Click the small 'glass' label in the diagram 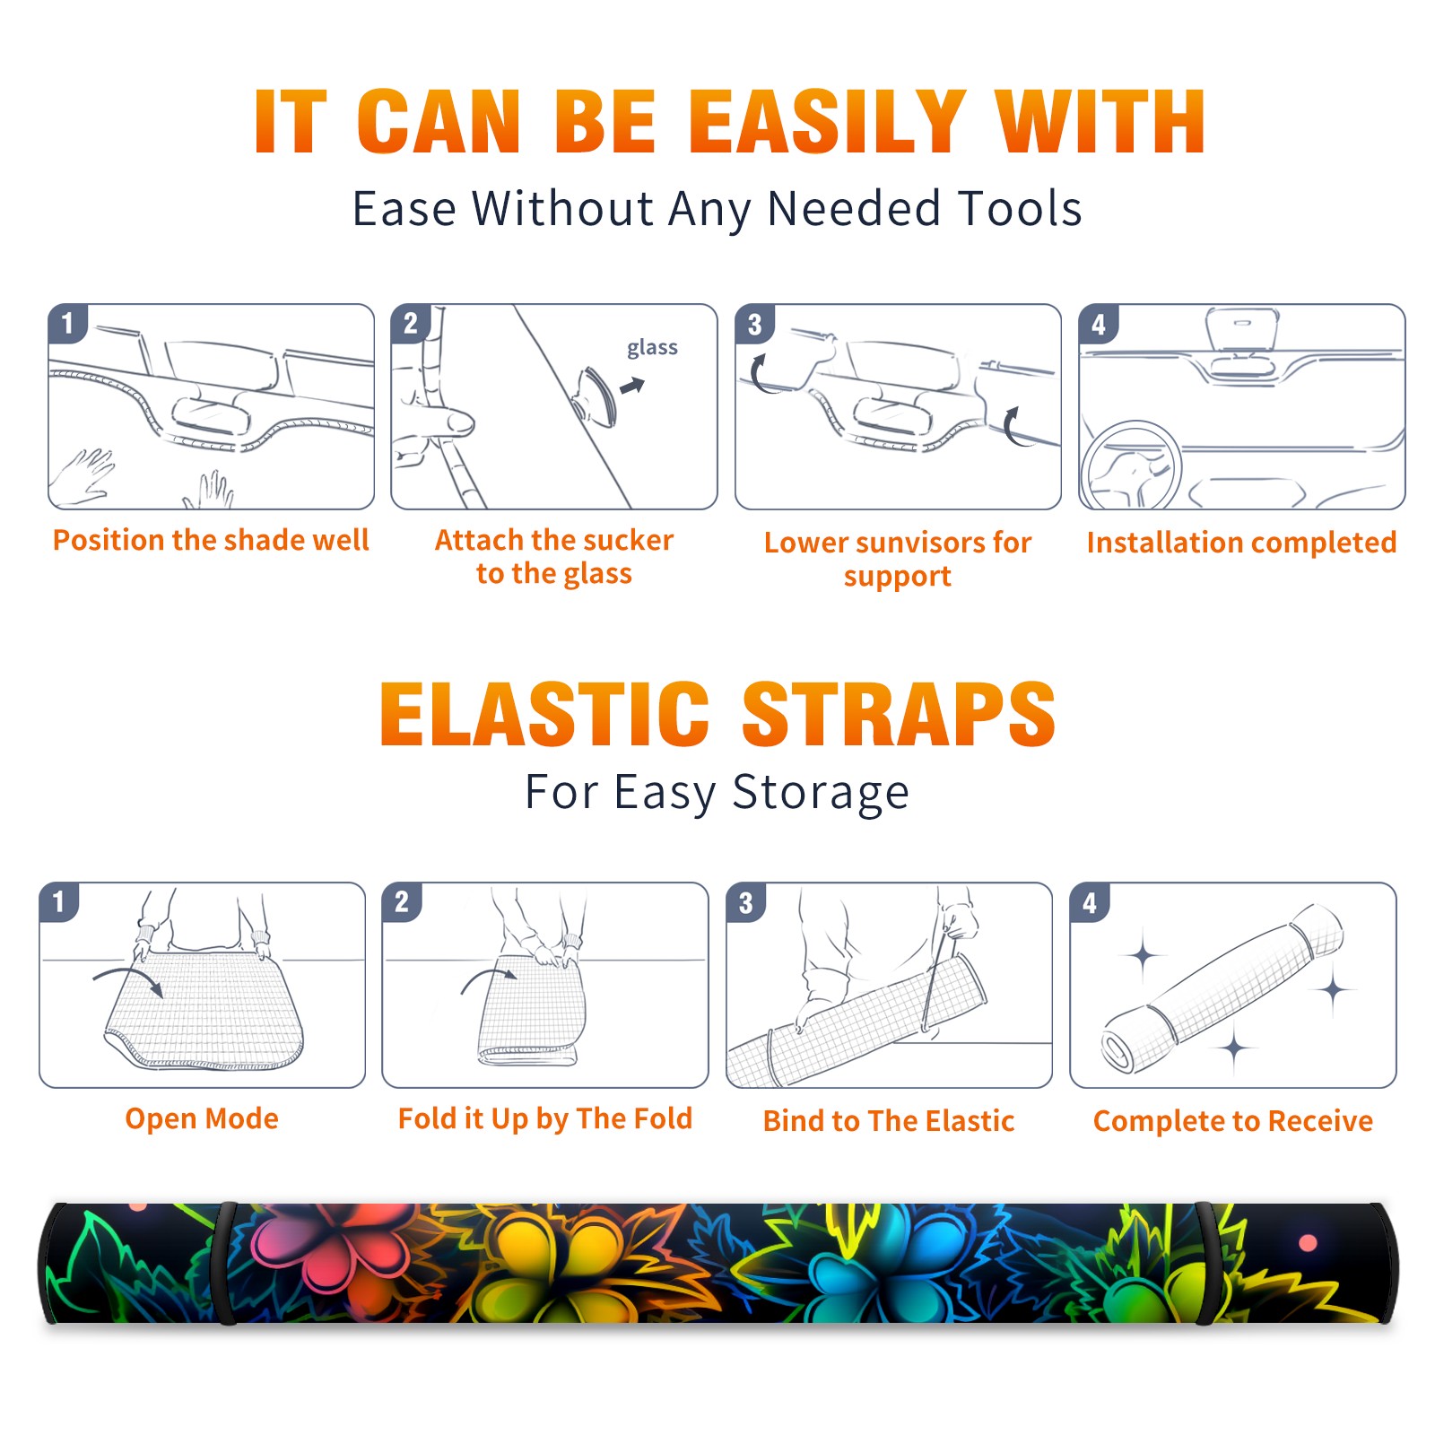pos(652,348)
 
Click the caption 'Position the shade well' pos(211,540)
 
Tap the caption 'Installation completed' pos(1241,543)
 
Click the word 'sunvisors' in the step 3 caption pos(908,543)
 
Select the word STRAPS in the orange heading pos(899,714)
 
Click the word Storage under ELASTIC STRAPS pos(820,793)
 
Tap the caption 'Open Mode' pos(202,1118)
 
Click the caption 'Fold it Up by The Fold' pos(545,1119)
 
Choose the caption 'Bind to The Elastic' pos(889,1121)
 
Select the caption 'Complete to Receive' pos(1233,1121)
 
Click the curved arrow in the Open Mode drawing pos(128,974)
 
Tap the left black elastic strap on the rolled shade pos(224,1263)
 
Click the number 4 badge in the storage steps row pos(1090,902)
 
